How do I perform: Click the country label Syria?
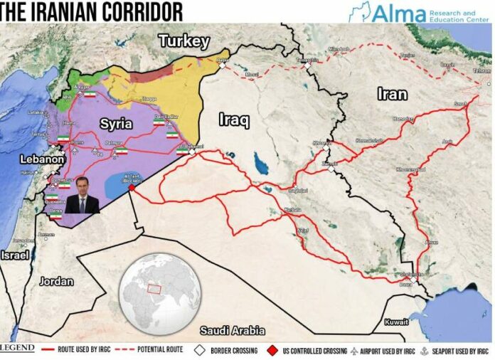click(x=115, y=124)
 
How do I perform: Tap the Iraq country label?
click(x=234, y=120)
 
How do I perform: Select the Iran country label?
click(x=392, y=94)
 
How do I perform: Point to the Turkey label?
click(x=183, y=41)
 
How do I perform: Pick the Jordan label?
click(x=56, y=281)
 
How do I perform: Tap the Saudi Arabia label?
click(x=232, y=331)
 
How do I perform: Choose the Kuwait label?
click(x=396, y=322)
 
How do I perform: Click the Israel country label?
click(x=15, y=255)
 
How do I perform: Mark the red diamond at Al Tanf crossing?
click(x=132, y=189)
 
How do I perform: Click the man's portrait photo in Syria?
click(x=82, y=195)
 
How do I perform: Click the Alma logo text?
click(x=398, y=14)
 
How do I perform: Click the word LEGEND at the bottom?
click(x=17, y=349)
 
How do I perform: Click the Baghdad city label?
click(x=297, y=191)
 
